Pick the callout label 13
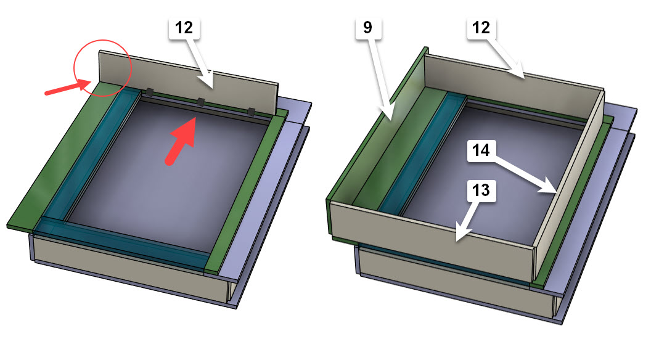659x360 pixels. (482, 191)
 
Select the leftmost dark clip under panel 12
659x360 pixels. (149, 92)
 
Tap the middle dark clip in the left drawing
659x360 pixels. (200, 102)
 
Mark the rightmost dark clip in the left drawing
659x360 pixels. (251, 112)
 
